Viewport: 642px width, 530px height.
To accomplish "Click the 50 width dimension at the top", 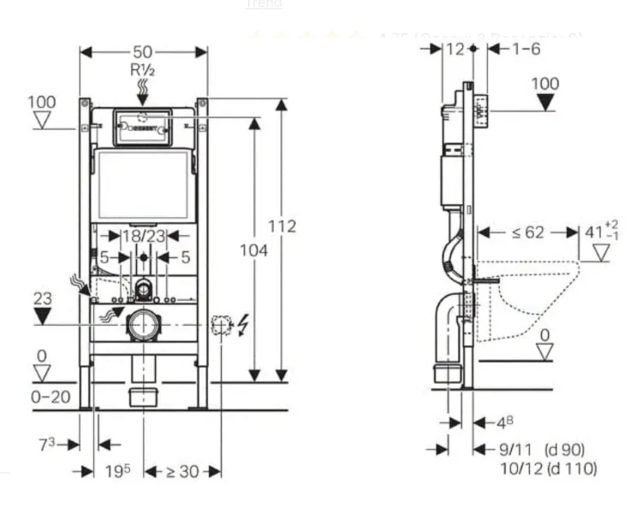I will [143, 51].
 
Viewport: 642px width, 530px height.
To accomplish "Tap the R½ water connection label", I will [143, 69].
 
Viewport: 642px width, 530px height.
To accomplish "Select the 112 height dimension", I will [281, 226].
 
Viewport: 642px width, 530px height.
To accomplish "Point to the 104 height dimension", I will [253, 250].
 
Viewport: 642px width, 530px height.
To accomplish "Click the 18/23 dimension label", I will [143, 235].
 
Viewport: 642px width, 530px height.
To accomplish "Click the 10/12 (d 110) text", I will [549, 468].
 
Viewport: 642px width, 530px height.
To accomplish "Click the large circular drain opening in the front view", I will [143, 326].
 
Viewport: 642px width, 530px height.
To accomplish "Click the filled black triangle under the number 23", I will [42, 315].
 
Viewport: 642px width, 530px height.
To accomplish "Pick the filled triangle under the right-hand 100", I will [544, 103].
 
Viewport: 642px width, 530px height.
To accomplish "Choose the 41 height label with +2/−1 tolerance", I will [599, 232].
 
